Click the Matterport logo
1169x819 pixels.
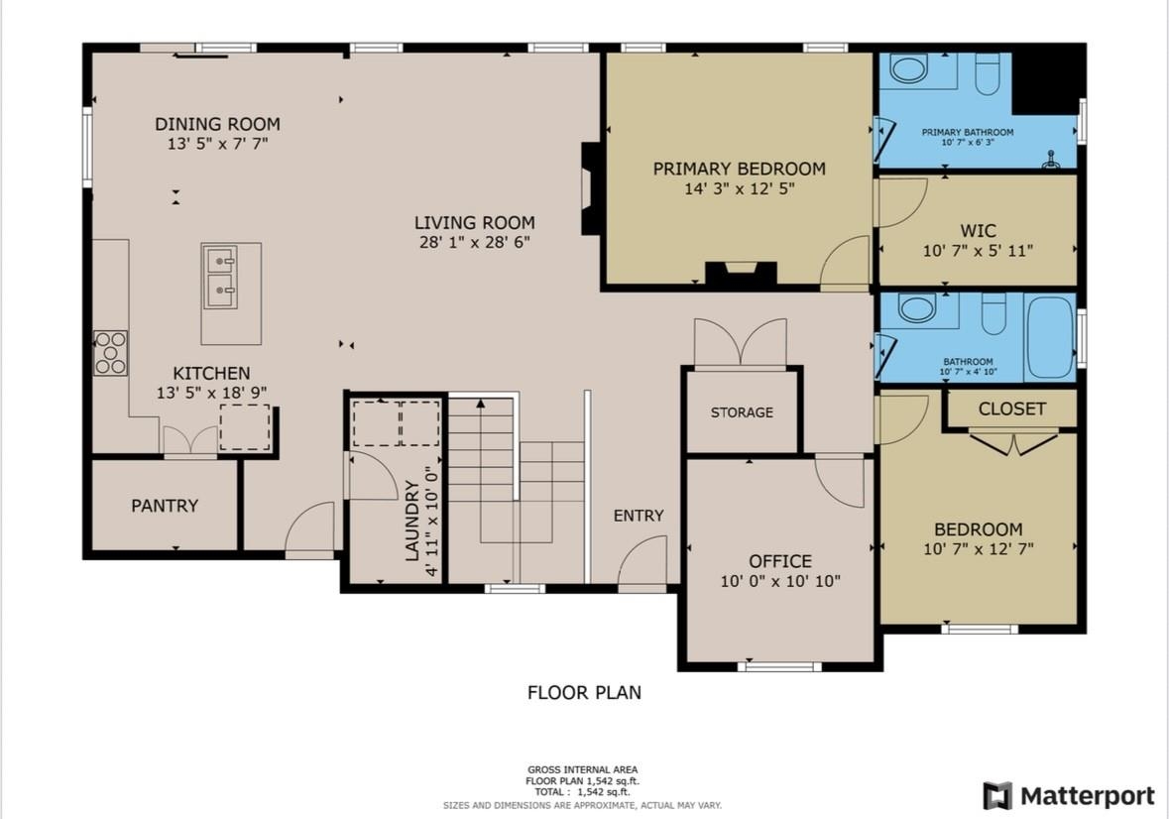[1068, 796]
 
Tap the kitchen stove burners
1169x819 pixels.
[110, 353]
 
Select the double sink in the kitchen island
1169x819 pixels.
[221, 278]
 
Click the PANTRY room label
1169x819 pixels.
[165, 506]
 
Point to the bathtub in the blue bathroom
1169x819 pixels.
[1050, 337]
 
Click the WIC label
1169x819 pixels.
[979, 230]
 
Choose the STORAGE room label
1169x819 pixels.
[742, 412]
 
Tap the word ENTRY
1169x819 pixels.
[639, 516]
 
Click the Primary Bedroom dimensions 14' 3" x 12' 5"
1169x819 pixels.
[740, 188]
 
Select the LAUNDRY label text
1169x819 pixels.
[412, 521]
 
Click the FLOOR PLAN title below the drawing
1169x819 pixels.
[585, 692]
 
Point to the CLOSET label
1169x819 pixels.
[1011, 409]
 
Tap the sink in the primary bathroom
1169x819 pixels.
[908, 68]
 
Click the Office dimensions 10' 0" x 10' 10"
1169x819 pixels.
[780, 581]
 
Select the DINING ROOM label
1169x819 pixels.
[218, 124]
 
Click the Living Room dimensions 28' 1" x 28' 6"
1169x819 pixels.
[475, 242]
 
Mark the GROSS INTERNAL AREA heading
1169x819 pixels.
[583, 769]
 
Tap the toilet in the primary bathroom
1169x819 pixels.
[988, 73]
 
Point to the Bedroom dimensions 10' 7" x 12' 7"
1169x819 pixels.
[979, 549]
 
